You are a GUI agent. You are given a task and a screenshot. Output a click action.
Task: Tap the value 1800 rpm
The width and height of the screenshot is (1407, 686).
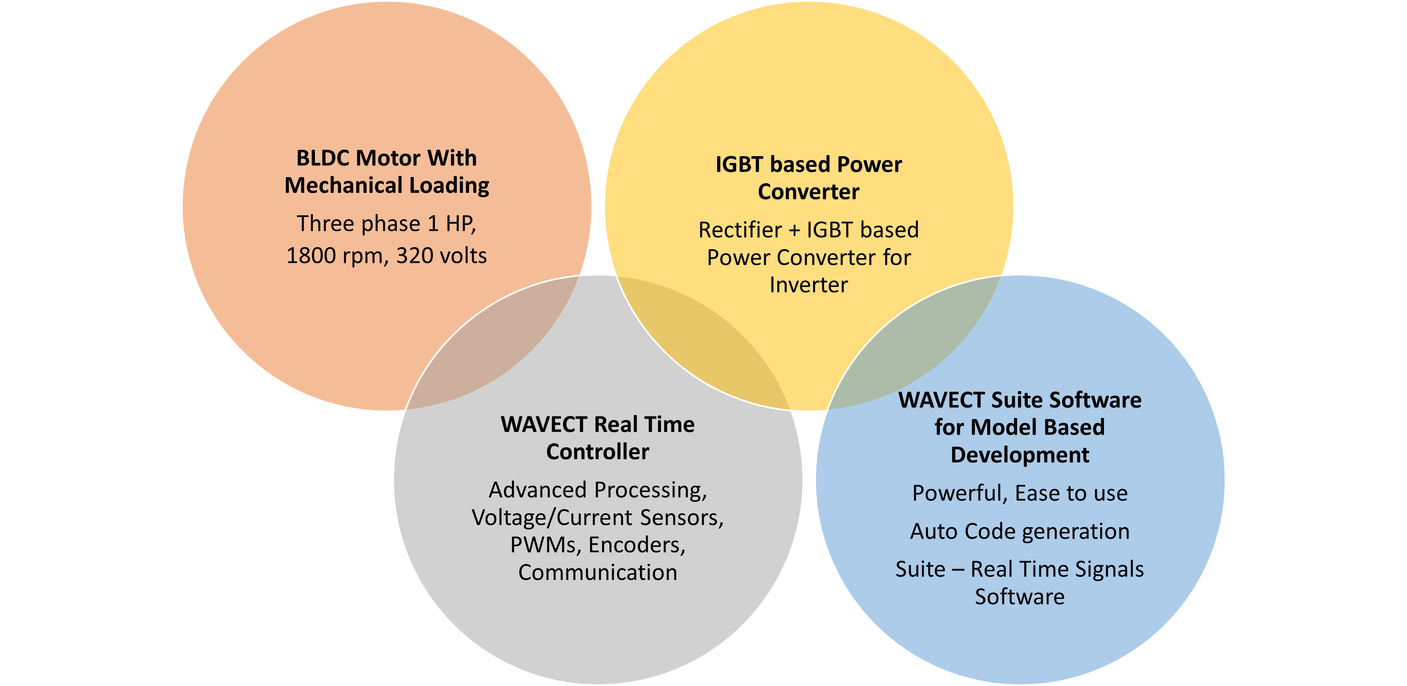(x=335, y=256)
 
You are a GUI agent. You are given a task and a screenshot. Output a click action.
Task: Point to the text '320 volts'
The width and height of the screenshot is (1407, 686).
(x=441, y=256)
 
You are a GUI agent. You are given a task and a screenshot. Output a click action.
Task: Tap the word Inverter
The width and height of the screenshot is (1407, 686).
(x=808, y=285)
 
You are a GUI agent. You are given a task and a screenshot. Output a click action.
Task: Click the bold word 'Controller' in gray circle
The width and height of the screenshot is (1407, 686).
(x=597, y=452)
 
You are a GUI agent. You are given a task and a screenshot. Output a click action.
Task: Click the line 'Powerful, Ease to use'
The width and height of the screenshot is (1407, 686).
(x=1020, y=493)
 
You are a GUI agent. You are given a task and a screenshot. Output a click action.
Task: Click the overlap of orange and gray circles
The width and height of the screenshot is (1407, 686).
(x=491, y=349)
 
